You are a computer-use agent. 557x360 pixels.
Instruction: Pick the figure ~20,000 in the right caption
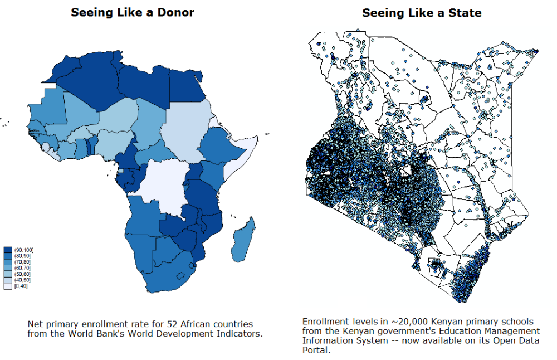tap(402, 322)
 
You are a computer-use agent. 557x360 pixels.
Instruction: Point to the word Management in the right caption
tap(511, 331)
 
